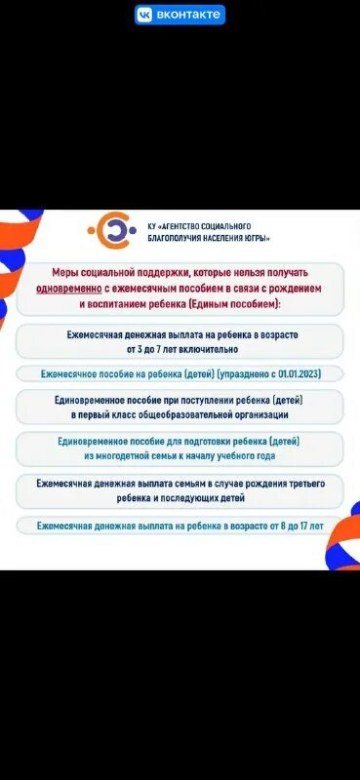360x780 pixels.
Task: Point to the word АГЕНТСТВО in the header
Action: point(173,225)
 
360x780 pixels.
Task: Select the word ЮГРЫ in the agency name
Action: point(257,238)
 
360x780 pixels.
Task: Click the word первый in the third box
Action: point(94,414)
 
